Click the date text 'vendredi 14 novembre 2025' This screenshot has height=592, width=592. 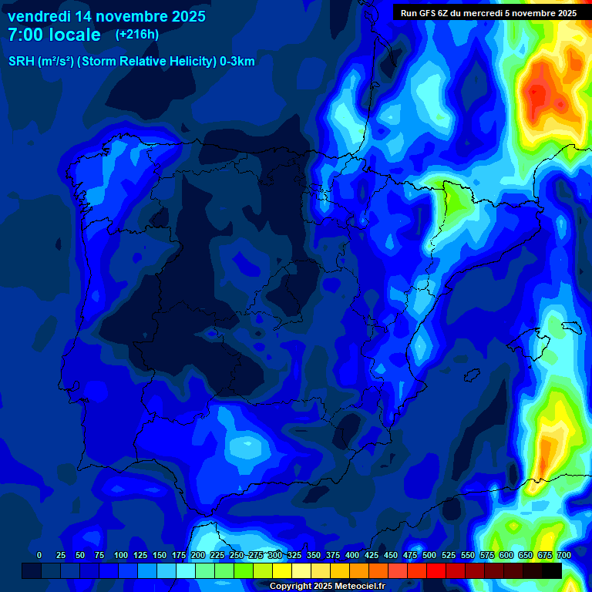coord(106,16)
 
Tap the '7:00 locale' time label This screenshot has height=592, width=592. coord(54,35)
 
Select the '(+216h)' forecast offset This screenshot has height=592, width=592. coord(136,34)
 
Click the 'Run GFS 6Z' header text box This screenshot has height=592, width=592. coord(489,12)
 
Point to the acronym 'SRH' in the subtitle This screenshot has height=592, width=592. coord(22,62)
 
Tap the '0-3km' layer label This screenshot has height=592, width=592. coord(237,62)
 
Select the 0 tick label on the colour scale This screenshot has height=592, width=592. coord(39,555)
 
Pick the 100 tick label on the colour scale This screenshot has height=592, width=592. coord(121,555)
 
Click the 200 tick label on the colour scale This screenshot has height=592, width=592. coord(198,555)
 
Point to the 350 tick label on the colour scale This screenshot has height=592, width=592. coord(314,555)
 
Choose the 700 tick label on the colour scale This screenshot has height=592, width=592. coord(563,555)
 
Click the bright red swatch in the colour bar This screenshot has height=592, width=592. coord(436,570)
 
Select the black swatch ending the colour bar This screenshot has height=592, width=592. coord(552,570)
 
